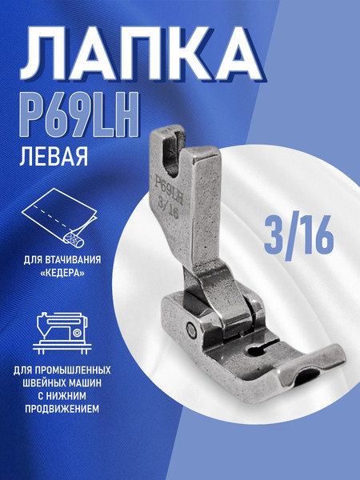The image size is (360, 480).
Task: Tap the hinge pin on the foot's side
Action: click(x=193, y=328)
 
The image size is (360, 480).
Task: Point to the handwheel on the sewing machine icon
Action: click(x=78, y=330)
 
